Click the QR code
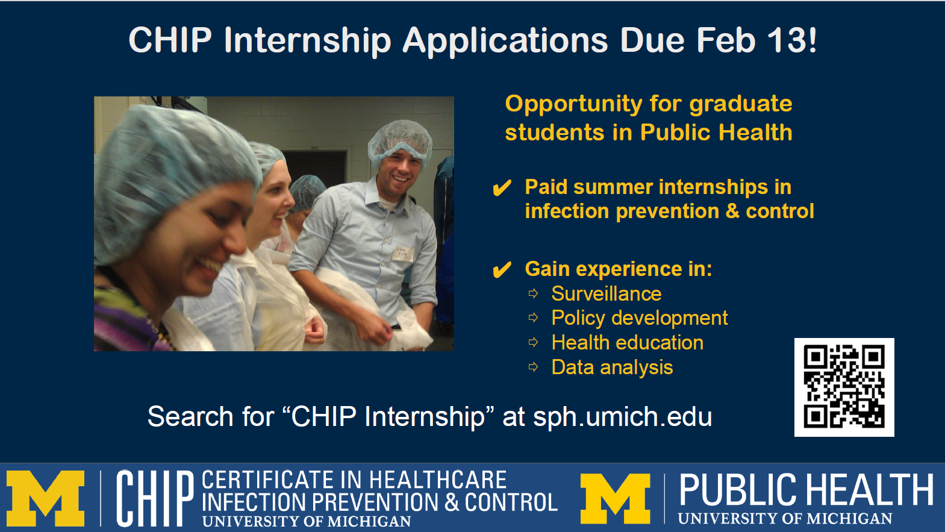[844, 387]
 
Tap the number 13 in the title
[786, 40]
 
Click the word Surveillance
[607, 293]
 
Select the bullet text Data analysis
[612, 367]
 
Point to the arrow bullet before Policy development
[533, 318]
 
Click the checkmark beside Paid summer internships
[502, 188]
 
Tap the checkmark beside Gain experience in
[502, 269]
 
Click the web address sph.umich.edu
[623, 417]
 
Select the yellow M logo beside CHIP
[46, 499]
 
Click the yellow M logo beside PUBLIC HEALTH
[616, 499]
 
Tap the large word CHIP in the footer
[155, 498]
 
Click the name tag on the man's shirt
[403, 254]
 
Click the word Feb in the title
[726, 40]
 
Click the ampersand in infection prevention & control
[732, 211]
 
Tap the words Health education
[628, 343]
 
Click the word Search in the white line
[190, 417]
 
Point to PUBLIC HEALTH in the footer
[806, 490]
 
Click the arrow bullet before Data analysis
[533, 367]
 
